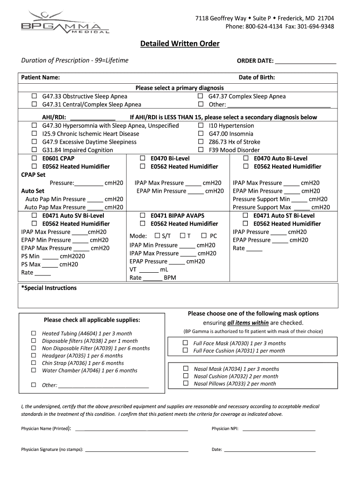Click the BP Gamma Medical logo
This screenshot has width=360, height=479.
pos(65,22)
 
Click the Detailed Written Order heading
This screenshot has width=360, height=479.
pos(180,44)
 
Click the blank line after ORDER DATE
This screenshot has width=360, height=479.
pos(306,61)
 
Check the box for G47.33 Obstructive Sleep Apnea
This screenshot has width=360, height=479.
pos(34,96)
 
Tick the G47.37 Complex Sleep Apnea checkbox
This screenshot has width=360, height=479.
pos(201,96)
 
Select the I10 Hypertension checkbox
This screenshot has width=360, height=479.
pos(201,126)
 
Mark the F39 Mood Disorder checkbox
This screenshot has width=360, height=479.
pos(201,150)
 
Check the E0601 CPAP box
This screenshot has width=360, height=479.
pos(34,159)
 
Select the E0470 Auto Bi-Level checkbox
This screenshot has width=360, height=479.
pos(245,159)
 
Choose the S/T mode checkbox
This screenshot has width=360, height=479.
pos(157,236)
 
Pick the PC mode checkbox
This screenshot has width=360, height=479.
pos(204,236)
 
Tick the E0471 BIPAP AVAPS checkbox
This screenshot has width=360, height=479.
pos(143,216)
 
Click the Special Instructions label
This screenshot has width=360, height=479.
pos(49,288)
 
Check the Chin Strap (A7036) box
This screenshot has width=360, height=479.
pos(34,363)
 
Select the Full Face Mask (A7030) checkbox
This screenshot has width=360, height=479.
pos(185,343)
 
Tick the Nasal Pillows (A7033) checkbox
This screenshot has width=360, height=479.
pos(185,384)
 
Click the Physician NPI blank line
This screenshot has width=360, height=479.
pos(279,428)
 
